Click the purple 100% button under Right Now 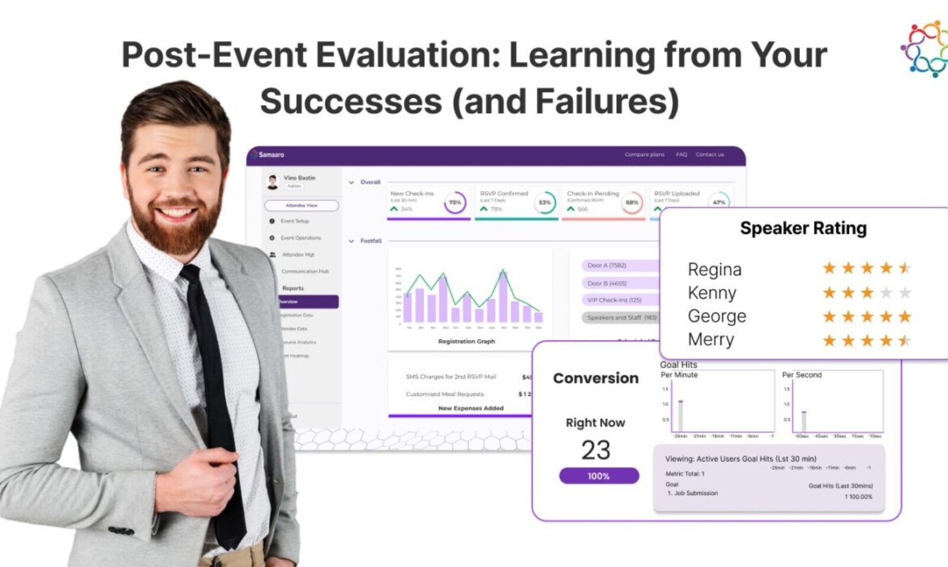click(598, 476)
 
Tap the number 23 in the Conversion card click(595, 450)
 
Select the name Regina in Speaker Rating click(714, 270)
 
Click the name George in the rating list click(716, 316)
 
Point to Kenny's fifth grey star click(905, 293)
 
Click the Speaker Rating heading click(803, 228)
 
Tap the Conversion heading click(595, 378)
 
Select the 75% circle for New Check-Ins click(454, 203)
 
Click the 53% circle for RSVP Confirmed click(544, 203)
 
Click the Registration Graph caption click(466, 341)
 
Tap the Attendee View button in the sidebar click(302, 206)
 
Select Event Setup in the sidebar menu click(294, 221)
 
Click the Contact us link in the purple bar click(709, 155)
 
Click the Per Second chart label click(802, 375)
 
